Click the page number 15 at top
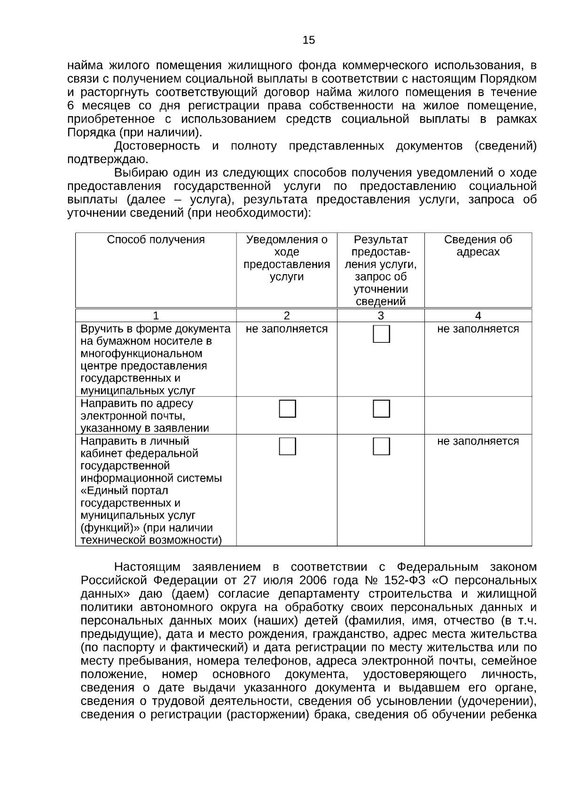[x=309, y=40]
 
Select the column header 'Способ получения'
[x=156, y=240]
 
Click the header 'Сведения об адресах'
[x=478, y=246]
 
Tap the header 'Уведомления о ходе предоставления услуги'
[x=287, y=258]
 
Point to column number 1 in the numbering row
[x=156, y=316]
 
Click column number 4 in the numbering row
[x=478, y=316]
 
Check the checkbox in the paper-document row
[x=381, y=334]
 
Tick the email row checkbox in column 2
[x=287, y=409]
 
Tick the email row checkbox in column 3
[x=381, y=409]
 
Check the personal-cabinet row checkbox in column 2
[x=287, y=446]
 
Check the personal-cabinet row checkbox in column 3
[x=381, y=446]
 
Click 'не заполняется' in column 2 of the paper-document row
[x=287, y=329]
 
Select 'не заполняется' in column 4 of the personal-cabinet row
[x=478, y=442]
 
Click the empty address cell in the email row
[x=478, y=415]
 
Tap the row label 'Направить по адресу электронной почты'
[x=145, y=416]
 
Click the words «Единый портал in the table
[x=125, y=491]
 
